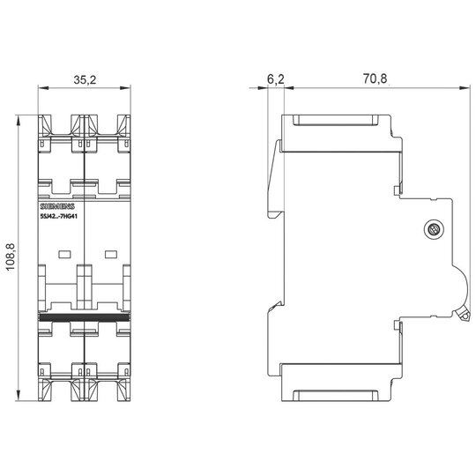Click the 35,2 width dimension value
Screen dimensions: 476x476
(x=85, y=80)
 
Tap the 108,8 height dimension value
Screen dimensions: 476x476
(x=11, y=257)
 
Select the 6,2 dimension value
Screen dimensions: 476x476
(x=276, y=79)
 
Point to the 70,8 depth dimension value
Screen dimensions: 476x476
(x=375, y=78)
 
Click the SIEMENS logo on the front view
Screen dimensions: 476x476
(x=57, y=207)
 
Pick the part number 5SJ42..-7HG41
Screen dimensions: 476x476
(x=59, y=217)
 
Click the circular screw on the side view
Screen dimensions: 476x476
(x=433, y=229)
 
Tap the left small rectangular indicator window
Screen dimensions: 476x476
(x=64, y=254)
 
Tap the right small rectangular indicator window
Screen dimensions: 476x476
(x=111, y=254)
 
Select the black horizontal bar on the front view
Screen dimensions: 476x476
(x=85, y=317)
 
